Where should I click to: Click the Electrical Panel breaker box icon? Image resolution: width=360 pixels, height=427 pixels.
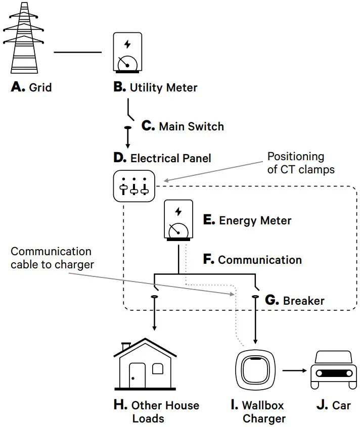(x=134, y=186)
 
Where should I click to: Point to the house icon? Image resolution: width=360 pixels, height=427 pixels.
(x=145, y=366)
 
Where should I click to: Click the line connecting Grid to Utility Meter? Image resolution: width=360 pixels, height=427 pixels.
(x=77, y=52)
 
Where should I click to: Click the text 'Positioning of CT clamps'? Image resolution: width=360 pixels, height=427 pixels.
(x=301, y=163)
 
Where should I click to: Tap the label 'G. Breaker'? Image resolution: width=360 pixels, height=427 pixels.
(x=294, y=300)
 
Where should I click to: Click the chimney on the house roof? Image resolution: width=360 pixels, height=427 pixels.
(x=126, y=346)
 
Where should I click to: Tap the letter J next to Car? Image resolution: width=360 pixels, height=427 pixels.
(x=322, y=405)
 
